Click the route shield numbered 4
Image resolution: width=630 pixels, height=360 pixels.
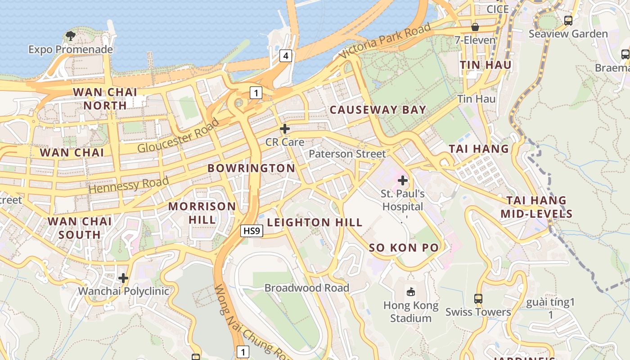[285, 56]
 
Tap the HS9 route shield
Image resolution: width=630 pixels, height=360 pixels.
[251, 231]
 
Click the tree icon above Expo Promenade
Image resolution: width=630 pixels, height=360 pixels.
[70, 36]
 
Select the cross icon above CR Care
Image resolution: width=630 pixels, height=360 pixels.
[284, 129]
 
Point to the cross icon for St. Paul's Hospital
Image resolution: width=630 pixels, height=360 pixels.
[403, 181]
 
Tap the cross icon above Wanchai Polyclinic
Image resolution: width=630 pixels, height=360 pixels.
[123, 278]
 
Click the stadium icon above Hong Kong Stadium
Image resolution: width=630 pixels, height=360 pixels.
[410, 292]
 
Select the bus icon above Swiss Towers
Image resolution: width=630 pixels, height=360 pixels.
[478, 299]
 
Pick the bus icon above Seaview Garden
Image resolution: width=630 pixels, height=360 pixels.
[568, 21]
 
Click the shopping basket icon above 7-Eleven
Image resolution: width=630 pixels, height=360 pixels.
[475, 27]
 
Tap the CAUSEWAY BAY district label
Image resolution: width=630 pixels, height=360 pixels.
[378, 110]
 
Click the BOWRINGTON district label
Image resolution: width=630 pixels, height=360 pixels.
[251, 168]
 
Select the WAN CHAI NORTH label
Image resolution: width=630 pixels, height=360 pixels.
[105, 99]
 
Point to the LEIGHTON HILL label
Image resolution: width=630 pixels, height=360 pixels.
[315, 222]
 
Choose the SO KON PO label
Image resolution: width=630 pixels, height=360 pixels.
[404, 247]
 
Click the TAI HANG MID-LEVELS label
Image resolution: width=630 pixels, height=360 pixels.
[536, 207]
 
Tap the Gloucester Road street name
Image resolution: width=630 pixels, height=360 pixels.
[178, 135]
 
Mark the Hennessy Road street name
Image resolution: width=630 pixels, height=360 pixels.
[129, 185]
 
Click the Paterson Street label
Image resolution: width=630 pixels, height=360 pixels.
[347, 154]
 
